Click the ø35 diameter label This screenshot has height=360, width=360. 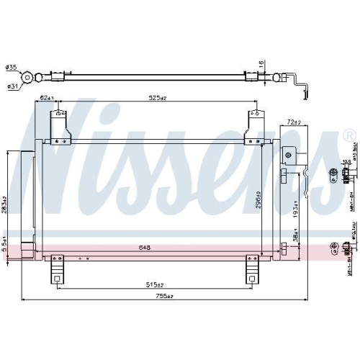[x=12, y=68]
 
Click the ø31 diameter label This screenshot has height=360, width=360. [x=12, y=87]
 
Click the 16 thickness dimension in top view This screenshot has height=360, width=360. [x=260, y=65]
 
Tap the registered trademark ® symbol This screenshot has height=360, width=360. [x=348, y=135]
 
